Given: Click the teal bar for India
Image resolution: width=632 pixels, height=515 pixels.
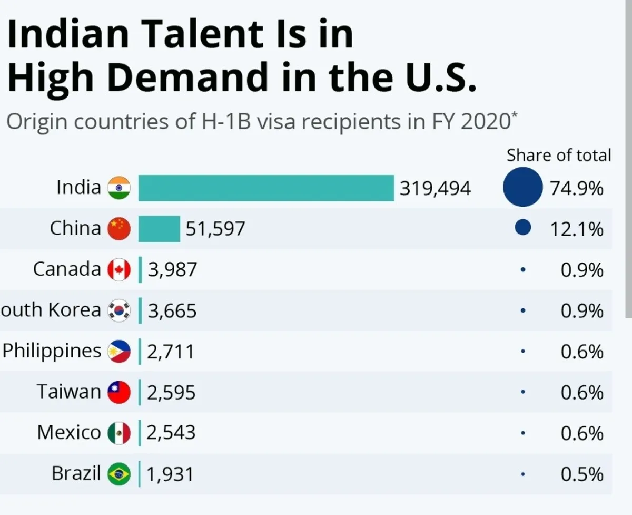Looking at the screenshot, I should tap(266, 188).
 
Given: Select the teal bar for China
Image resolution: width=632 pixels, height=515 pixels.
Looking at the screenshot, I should tap(159, 229).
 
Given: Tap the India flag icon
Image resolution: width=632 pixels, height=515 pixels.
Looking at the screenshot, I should tap(118, 188).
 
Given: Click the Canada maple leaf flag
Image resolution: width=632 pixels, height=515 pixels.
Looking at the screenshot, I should tap(118, 270).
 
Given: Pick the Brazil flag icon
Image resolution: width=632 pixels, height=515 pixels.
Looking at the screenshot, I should tap(118, 474).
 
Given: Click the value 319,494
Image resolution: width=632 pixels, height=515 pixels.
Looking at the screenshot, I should tap(435, 188).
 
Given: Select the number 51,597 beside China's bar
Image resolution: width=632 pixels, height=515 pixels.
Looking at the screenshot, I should tap(215, 229).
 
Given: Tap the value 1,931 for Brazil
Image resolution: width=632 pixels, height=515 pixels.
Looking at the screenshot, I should tap(170, 474).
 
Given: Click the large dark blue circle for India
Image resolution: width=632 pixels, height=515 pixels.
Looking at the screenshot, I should tap(522, 186).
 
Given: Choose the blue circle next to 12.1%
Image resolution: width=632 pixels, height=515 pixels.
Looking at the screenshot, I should tap(522, 228).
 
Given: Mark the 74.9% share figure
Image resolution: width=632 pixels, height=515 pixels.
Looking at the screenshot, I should tap(577, 188).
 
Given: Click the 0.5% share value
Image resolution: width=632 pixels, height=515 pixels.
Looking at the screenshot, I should tap(582, 474).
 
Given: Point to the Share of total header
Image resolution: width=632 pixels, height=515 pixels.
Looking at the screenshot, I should tap(559, 156).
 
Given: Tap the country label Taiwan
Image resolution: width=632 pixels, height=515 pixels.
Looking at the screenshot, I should tap(68, 392).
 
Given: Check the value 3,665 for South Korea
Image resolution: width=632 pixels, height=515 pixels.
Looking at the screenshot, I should tap(172, 311).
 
